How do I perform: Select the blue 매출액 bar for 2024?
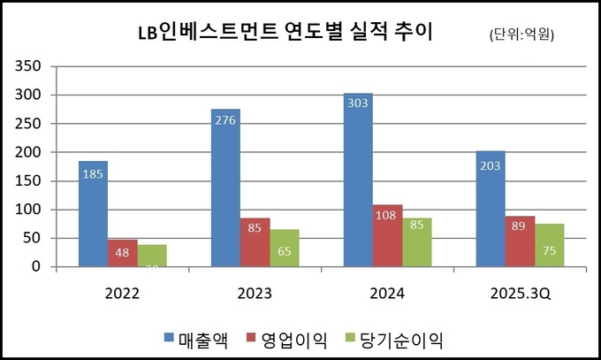click(x=358, y=180)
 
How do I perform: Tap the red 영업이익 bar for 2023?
click(x=255, y=242)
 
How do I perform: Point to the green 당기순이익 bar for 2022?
click(x=151, y=256)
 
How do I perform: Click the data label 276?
click(x=225, y=119)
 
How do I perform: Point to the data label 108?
click(x=387, y=215)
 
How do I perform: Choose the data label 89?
click(x=520, y=226)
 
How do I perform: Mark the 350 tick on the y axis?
click(x=30, y=66)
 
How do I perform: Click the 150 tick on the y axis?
click(x=30, y=180)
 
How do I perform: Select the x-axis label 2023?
click(x=254, y=293)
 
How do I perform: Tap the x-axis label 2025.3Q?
click(x=519, y=293)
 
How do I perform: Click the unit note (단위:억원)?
click(x=527, y=34)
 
